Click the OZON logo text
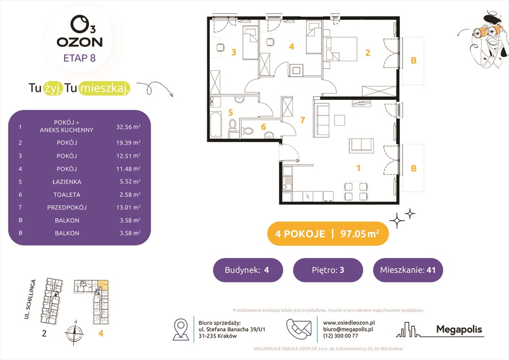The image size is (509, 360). (x=79, y=42)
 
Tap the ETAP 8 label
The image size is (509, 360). (x=79, y=59)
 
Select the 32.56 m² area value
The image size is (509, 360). (x=128, y=127)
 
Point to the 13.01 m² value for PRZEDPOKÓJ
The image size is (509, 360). (x=128, y=207)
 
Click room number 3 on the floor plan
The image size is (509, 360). (x=233, y=52)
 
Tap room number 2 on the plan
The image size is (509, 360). (x=368, y=53)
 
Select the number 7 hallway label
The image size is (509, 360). (x=303, y=120)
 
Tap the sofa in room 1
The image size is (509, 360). (x=322, y=120)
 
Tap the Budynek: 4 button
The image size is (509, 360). (x=248, y=270)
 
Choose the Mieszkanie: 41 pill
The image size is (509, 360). (x=408, y=270)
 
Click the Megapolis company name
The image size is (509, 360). (x=459, y=330)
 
